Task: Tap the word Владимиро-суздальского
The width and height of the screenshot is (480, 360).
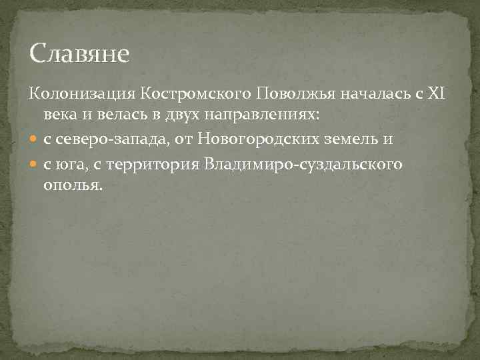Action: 303,163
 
